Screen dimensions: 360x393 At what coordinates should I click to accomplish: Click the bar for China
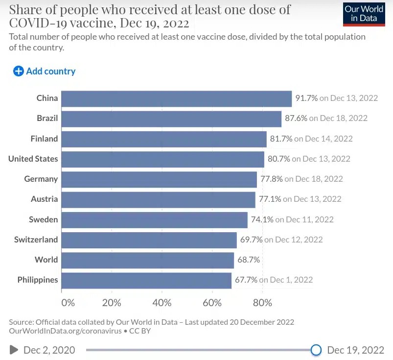[x=176, y=98]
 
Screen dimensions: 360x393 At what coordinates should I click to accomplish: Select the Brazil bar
[x=171, y=119]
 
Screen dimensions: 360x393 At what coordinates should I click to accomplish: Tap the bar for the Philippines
[x=146, y=280]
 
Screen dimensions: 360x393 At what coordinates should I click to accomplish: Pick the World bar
[x=147, y=260]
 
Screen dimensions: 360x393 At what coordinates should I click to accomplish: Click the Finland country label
[x=44, y=139]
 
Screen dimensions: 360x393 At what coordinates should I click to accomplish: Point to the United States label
[x=33, y=159]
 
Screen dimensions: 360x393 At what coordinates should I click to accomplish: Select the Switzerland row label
[x=36, y=240]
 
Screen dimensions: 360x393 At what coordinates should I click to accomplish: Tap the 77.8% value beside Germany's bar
[x=271, y=179]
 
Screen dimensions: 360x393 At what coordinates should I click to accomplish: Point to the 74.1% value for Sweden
[x=262, y=219]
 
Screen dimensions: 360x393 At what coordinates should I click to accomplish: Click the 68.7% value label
[x=249, y=260]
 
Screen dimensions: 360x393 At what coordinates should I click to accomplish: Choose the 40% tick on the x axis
[x=162, y=303]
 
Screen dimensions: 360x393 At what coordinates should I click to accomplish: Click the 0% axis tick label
[x=68, y=303]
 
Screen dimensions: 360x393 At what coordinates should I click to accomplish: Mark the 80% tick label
[x=262, y=303]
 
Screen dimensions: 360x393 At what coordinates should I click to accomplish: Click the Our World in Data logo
[x=364, y=13]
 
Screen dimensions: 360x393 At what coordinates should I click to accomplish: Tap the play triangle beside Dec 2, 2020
[x=14, y=350]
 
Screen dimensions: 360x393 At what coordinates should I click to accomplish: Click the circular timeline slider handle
[x=316, y=350]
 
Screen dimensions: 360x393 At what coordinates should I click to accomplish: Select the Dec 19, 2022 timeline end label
[x=355, y=350]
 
